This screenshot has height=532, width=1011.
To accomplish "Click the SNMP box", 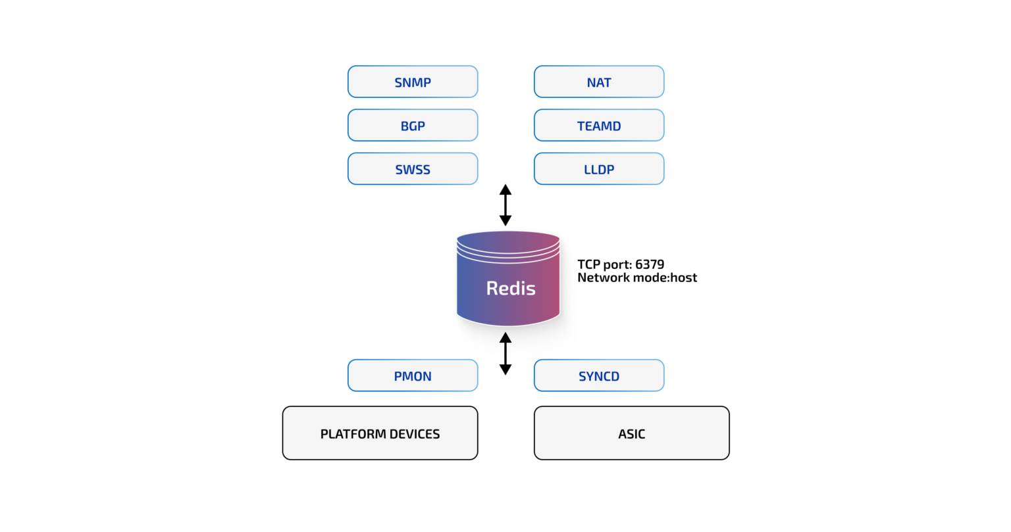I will pos(413,82).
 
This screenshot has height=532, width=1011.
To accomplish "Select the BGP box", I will pos(413,126).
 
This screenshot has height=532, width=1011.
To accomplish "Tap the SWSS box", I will pos(413,169).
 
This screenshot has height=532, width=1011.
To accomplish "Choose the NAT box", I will pos(599,82).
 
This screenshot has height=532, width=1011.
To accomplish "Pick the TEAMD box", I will pos(599,126).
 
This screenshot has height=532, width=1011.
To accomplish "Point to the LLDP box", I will pos(599,169).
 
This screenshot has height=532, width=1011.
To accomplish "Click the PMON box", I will pos(413,376).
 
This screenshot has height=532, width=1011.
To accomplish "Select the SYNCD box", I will pos(599,376).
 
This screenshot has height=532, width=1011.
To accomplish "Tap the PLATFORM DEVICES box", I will pos(380,433).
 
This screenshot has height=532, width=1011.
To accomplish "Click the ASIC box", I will pos(632,433).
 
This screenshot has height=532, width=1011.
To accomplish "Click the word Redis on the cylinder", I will pos(511,288).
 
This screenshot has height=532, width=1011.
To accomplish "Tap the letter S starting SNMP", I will pos(398,83).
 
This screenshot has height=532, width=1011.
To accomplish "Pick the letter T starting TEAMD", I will pos(581,126).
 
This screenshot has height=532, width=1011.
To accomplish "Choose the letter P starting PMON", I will pos(398,377).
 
